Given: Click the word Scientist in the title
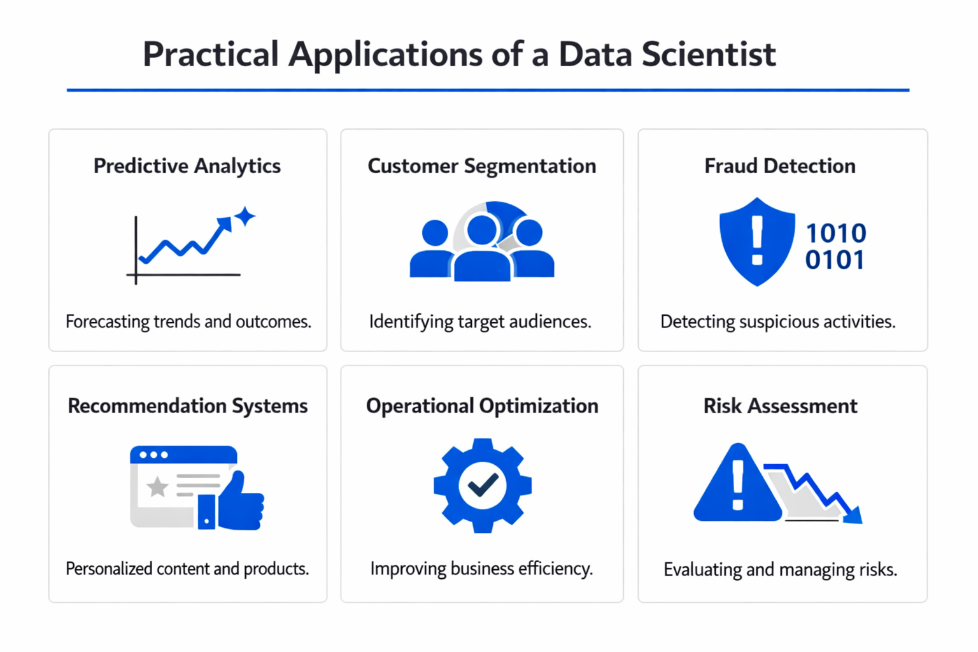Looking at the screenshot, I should pos(708,54).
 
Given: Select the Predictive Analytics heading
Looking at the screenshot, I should pos(187,166).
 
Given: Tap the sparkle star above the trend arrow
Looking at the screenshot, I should pos(244,216).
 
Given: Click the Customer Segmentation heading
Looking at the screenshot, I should pos(481,166).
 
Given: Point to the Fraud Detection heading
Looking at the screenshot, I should pos(779,166).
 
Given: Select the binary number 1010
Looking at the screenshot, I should pos(836,234).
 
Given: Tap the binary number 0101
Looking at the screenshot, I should pos(835,260).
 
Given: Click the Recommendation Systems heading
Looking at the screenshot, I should pos(187,406).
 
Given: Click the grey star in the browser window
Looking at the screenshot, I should pos(157,487).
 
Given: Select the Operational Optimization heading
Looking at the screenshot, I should pos(482,406).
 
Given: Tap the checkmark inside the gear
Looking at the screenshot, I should pos(483,486).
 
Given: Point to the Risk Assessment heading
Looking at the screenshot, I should pos(780,406).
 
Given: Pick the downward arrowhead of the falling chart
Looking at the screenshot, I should pos(853,515).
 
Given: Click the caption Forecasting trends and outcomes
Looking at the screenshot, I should pos(188,322).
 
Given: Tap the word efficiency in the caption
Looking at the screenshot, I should pos(555,569).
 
